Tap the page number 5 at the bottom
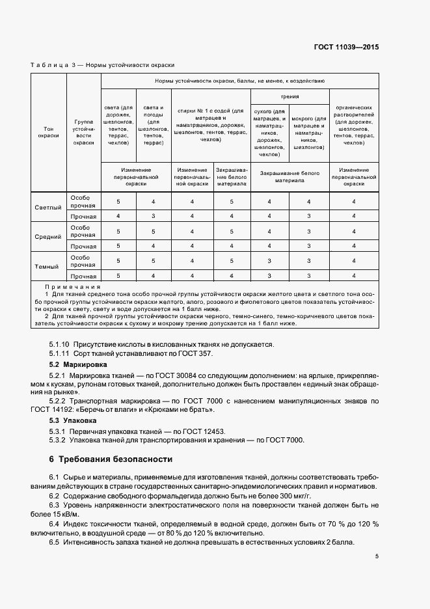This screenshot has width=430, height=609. [x=377, y=556]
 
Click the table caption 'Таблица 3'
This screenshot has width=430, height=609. [x=53, y=65]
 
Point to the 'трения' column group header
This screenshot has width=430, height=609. [x=289, y=96]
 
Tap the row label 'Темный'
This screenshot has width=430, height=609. [x=47, y=267]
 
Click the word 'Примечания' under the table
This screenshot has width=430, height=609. [x=72, y=286]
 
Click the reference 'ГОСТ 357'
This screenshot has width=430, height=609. [x=198, y=353]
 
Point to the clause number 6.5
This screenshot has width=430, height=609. [x=54, y=543]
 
